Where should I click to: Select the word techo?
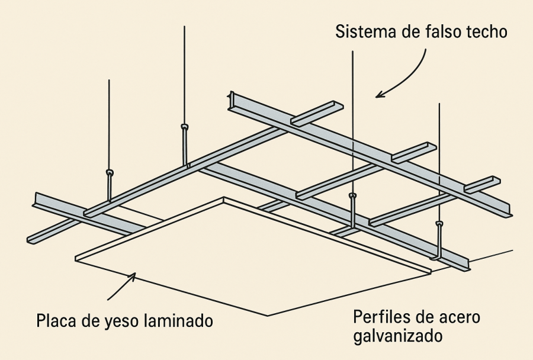pos(487,31)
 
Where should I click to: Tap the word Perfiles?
pos(380,317)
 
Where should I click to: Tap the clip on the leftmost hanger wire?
pos(109,173)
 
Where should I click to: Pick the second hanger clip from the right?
pos(353,195)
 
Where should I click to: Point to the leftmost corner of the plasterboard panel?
pos(76,258)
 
